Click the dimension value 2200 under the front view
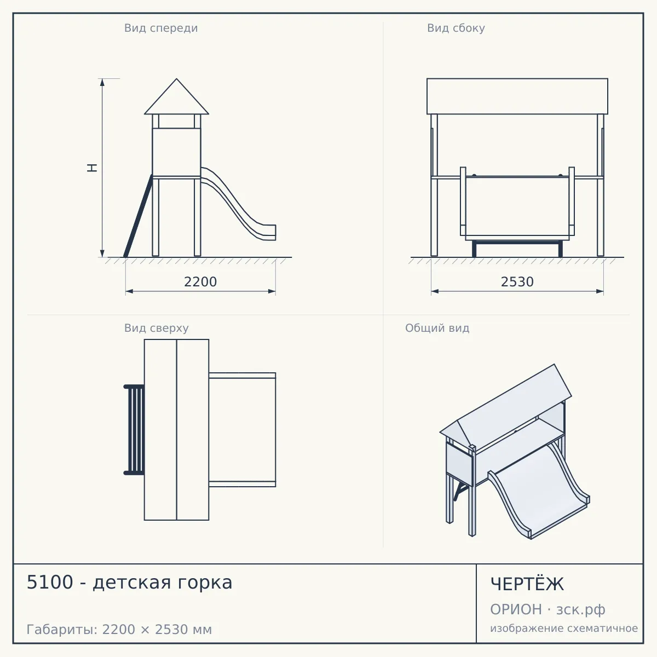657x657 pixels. click(x=200, y=281)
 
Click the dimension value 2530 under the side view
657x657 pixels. click(x=517, y=281)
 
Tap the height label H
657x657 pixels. click(x=93, y=168)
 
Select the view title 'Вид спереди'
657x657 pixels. click(x=161, y=28)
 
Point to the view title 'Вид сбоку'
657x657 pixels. click(x=456, y=28)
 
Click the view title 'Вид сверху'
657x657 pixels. click(x=156, y=328)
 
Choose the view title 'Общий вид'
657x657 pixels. click(x=437, y=328)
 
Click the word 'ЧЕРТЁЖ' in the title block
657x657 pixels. click(x=527, y=584)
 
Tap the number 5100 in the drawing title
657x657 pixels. click(x=50, y=583)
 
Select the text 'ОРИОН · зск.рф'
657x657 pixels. click(x=547, y=609)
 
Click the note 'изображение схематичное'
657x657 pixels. click(x=564, y=628)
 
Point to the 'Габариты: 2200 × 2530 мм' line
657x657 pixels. click(x=119, y=630)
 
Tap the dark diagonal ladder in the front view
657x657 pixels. click(x=138, y=216)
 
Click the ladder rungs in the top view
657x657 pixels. click(x=134, y=430)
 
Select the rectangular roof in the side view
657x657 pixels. click(x=517, y=96)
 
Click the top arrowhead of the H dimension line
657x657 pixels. click(x=102, y=82)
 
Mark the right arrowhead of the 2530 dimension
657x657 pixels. click(x=600, y=291)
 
